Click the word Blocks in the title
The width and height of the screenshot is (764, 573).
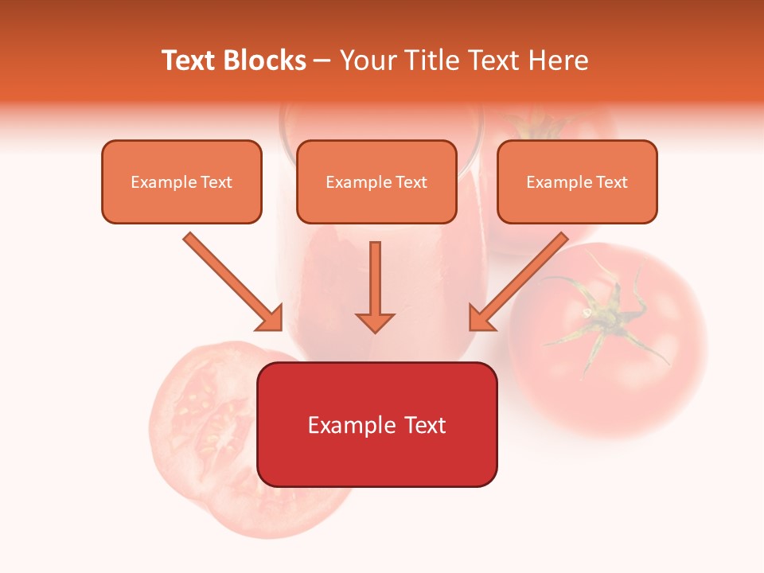coord(264,60)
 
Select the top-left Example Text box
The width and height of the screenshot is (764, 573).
coord(181,181)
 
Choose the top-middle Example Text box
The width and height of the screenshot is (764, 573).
coord(376,181)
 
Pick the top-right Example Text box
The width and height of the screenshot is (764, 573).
coord(577,181)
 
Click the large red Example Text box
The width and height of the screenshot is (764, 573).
coord(376,424)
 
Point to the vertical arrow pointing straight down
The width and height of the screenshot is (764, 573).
coord(375,283)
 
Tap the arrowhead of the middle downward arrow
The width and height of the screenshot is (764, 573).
coord(375,322)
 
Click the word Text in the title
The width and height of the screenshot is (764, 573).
coord(190,60)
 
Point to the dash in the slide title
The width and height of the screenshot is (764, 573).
coord(322,60)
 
